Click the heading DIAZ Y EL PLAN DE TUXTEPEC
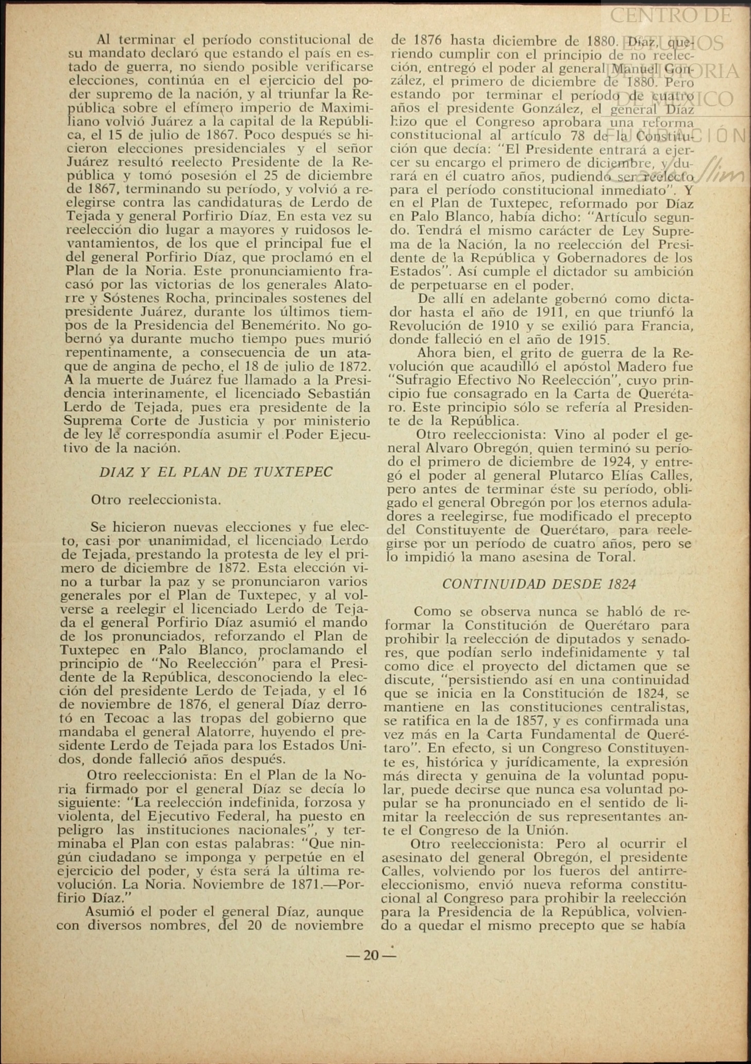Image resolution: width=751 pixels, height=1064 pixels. pos(215,472)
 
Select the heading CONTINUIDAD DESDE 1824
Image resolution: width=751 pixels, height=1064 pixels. pos(539,584)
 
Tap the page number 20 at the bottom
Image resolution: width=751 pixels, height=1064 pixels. pos(371,956)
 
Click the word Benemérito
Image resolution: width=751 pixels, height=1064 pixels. pos(272,326)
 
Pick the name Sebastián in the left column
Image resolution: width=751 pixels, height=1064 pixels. pos(338,394)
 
